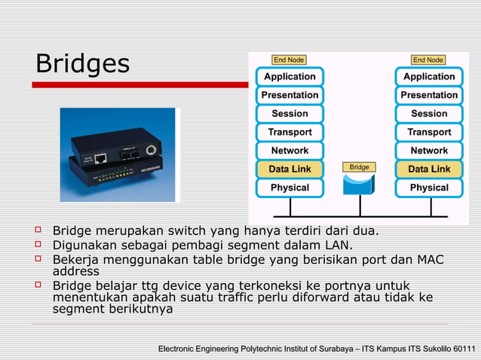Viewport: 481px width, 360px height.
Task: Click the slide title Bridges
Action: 82,64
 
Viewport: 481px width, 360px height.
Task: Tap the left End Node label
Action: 289,59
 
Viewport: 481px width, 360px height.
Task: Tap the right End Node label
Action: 427,59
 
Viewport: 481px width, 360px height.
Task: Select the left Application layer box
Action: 290,77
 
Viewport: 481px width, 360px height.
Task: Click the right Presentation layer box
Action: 429,95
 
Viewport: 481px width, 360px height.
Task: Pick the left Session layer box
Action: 290,114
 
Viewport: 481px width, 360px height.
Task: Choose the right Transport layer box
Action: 429,132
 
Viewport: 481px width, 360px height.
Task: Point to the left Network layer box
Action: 290,151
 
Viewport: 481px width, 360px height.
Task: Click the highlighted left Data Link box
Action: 290,169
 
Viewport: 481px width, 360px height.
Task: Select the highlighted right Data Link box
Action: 429,169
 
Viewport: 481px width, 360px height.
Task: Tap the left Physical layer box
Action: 290,188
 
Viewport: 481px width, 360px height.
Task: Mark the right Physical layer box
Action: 429,188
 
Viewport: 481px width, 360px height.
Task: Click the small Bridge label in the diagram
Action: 359,166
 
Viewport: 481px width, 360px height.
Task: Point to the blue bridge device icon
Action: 359,185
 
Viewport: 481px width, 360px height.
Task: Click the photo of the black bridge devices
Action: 118,155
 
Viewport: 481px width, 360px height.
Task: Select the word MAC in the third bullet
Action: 430,260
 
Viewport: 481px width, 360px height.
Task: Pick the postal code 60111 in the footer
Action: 460,349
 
